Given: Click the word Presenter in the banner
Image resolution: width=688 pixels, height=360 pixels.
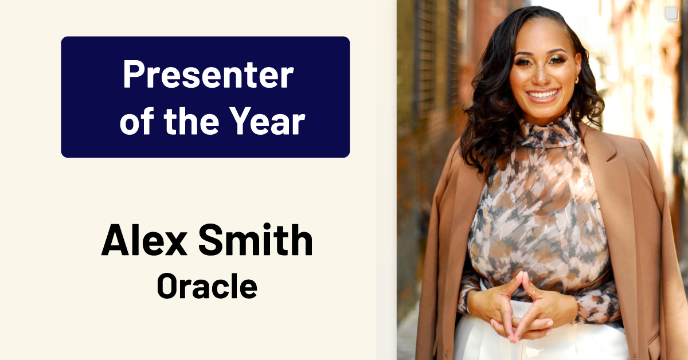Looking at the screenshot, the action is [208, 75].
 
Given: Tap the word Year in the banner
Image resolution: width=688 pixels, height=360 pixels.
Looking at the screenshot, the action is [267, 121].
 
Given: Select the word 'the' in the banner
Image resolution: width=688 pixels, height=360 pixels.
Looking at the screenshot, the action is [191, 121].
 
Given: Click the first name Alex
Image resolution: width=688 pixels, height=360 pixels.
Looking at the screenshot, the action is [144, 240].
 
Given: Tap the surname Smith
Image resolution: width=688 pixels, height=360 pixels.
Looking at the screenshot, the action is [256, 239].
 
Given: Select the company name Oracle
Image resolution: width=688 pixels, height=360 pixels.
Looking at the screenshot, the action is [207, 286].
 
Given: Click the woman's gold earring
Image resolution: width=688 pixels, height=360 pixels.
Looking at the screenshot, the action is [577, 80].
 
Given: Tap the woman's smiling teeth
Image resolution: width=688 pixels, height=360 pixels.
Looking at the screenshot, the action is [543, 93].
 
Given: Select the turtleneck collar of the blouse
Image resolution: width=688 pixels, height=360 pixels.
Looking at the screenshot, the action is [549, 131].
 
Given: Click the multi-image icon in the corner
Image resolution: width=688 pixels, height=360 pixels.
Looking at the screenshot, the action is [672, 14].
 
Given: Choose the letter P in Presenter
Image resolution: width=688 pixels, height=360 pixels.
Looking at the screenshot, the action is [134, 75].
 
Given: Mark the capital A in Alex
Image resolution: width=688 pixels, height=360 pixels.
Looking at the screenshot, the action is [115, 240].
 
